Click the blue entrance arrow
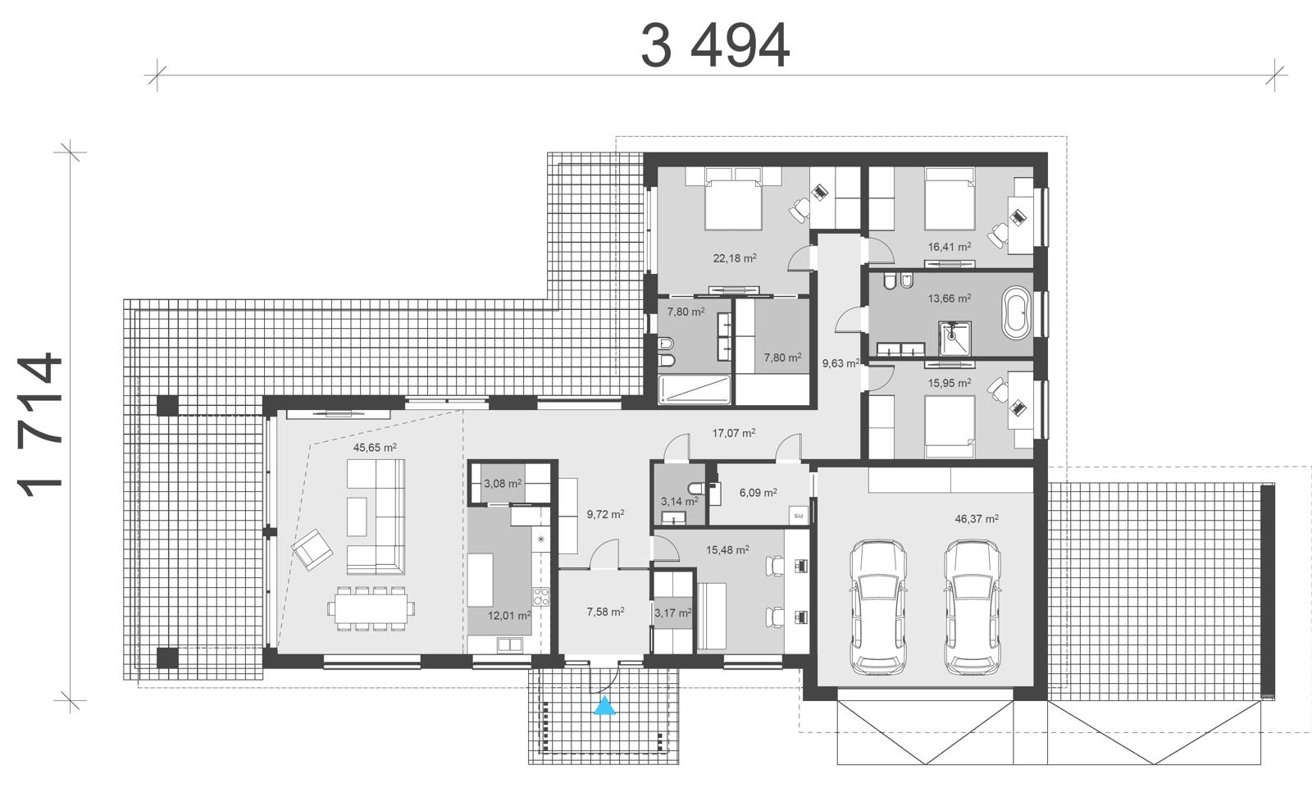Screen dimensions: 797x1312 604,705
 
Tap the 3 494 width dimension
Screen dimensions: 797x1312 715,46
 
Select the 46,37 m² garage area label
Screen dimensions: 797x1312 977,519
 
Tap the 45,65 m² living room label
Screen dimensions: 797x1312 375,448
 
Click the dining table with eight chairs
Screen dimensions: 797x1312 371,608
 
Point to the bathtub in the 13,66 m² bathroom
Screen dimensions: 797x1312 1015,312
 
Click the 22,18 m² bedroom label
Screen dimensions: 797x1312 734,258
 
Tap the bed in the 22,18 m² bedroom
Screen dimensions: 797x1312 734,199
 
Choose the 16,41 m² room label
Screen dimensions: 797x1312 950,246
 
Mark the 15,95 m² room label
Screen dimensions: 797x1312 950,383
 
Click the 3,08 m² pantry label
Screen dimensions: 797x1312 503,484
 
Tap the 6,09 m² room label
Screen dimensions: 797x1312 758,493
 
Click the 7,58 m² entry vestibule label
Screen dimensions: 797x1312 605,612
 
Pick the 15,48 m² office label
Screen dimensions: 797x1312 727,550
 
